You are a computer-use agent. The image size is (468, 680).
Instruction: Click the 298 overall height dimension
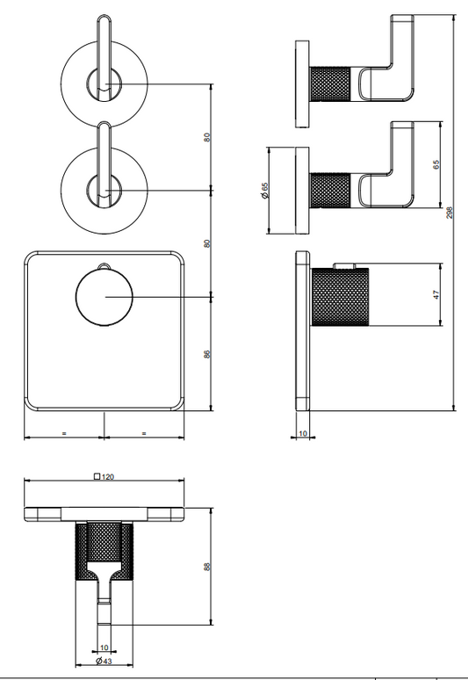pyautogui.click(x=450, y=213)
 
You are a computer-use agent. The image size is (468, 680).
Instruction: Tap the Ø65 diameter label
pyautogui.click(x=265, y=191)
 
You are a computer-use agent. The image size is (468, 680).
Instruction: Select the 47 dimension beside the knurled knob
pyautogui.click(x=436, y=294)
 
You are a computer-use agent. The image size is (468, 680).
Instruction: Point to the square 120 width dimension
pyautogui.click(x=104, y=476)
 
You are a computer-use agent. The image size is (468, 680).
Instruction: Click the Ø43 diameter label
pyautogui.click(x=104, y=661)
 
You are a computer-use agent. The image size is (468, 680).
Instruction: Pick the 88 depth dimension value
pyautogui.click(x=206, y=567)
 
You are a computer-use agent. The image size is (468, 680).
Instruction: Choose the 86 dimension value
pyautogui.click(x=206, y=354)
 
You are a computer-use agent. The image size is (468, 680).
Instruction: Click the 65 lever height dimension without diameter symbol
pyautogui.click(x=436, y=165)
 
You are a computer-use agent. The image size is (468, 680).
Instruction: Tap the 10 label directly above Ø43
pyautogui.click(x=104, y=647)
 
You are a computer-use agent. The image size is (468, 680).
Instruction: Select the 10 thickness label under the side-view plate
pyautogui.click(x=303, y=433)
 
